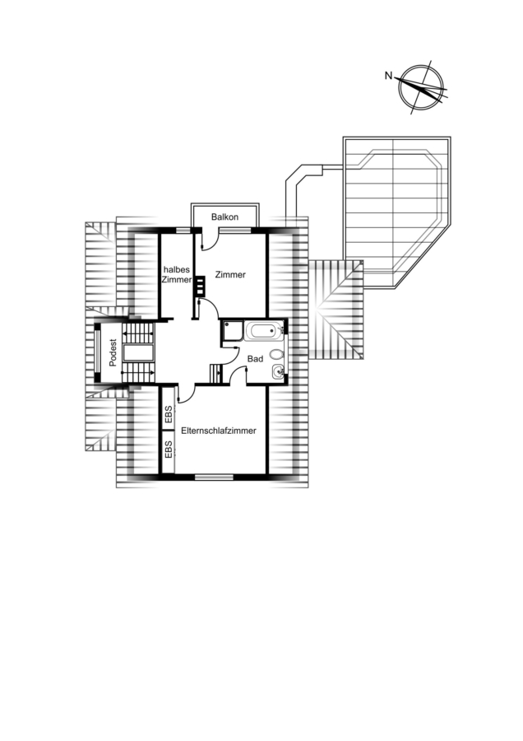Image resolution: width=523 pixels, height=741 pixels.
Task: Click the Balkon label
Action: click(224, 217)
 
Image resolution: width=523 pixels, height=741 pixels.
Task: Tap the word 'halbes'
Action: click(176, 269)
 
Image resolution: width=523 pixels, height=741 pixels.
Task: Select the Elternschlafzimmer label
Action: click(219, 431)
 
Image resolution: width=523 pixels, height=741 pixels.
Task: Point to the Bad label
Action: click(255, 359)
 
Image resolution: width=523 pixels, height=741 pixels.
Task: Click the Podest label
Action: click(113, 353)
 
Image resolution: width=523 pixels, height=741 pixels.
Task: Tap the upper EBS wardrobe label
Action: click(169, 416)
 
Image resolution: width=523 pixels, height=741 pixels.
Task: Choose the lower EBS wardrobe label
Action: click(169, 450)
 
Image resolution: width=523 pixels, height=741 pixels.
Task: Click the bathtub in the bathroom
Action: click(264, 330)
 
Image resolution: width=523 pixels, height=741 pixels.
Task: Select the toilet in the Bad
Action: click(276, 354)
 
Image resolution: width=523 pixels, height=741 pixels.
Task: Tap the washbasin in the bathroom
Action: click(278, 373)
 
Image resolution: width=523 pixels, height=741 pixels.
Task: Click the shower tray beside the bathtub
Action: click(233, 330)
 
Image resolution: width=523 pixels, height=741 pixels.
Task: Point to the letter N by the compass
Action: click(388, 75)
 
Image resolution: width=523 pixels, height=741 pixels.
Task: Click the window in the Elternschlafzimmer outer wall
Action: click(214, 477)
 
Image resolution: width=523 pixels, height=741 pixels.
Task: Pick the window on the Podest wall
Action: click(97, 352)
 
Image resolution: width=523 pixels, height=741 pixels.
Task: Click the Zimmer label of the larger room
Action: click(230, 274)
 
